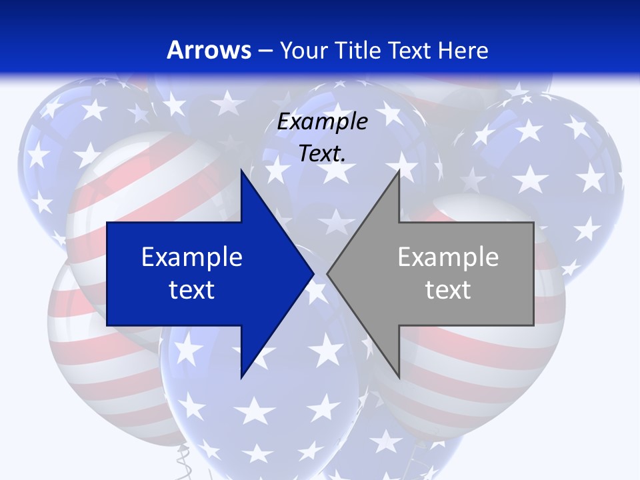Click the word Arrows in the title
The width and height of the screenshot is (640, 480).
(x=209, y=50)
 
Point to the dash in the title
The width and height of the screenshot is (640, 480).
(x=265, y=51)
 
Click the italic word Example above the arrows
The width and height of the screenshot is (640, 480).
(x=322, y=122)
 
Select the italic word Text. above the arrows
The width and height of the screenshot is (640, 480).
(x=322, y=153)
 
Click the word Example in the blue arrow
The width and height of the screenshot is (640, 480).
(x=192, y=257)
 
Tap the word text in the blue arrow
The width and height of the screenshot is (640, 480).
(x=192, y=289)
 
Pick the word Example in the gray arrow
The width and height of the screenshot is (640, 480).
(x=448, y=257)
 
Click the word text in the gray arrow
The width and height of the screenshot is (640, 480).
(x=448, y=289)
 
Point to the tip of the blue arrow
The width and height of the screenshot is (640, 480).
(x=314, y=273)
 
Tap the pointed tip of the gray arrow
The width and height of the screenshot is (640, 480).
(x=327, y=273)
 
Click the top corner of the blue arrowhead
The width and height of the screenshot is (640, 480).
(x=241, y=170)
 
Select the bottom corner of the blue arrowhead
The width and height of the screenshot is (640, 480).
(x=241, y=377)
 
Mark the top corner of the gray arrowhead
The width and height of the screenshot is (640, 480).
(x=399, y=170)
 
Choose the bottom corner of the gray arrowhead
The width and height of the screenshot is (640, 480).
(x=399, y=377)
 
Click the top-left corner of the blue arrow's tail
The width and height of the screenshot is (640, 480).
(x=107, y=223)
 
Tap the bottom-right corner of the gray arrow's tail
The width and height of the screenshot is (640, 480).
(x=533, y=325)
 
